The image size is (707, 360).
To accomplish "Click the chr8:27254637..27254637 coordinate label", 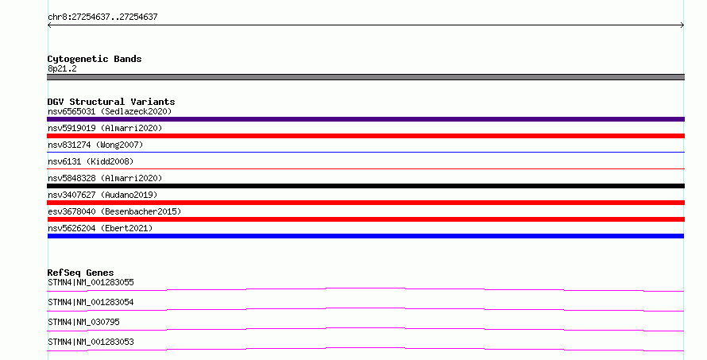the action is click(x=102, y=17).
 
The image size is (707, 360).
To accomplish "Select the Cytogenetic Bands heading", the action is click(x=95, y=59).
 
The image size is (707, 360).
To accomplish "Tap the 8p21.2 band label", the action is click(x=62, y=68).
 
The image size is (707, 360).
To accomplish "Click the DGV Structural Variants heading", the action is click(x=111, y=102).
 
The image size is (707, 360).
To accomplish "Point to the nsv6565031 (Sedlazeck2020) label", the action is click(x=110, y=111).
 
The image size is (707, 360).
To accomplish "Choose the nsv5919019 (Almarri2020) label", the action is click(x=105, y=128).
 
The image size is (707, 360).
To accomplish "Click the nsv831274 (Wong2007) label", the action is click(x=95, y=145).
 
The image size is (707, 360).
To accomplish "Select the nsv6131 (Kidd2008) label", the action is click(x=91, y=161).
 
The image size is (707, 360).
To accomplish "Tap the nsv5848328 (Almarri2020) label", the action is click(x=105, y=178).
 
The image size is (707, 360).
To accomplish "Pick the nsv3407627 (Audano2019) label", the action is click(x=102, y=195).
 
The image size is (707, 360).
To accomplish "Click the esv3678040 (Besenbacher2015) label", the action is click(x=114, y=211).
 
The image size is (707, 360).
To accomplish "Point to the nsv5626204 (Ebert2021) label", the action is click(x=100, y=228).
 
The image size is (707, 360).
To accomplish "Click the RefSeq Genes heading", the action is click(x=80, y=273).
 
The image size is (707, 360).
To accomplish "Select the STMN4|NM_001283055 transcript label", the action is click(x=91, y=282).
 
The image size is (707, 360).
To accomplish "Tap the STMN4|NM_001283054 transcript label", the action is click(x=91, y=302).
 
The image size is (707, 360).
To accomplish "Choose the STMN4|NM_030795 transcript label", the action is click(x=83, y=322).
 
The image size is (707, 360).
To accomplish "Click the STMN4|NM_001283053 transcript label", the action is click(x=91, y=342).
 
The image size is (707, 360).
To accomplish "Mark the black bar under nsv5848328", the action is click(x=365, y=186).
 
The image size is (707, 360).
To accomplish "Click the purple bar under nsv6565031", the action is click(x=365, y=119).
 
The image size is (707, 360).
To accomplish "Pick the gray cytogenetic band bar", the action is click(x=365, y=77).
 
